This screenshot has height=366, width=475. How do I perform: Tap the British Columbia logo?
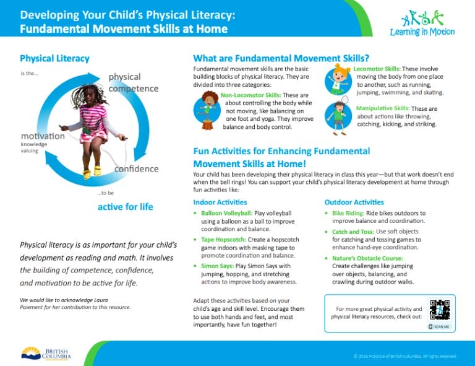tap(46, 354)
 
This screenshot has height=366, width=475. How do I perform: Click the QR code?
tap(440, 312)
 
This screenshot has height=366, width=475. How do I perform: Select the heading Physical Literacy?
tap(54, 58)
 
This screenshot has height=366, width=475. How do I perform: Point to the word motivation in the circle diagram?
tap(43, 136)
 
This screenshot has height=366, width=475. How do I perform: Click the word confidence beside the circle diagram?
tap(136, 169)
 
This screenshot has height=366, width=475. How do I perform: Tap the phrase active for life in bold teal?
tap(125, 206)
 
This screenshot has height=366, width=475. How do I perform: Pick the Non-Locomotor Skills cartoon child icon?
tap(206, 109)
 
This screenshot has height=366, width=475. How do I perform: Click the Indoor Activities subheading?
tap(220, 203)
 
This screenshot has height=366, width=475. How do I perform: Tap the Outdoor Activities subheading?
tap(354, 203)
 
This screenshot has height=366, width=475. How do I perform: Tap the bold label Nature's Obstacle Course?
tap(367, 258)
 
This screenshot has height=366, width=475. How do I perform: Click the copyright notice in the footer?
tap(404, 356)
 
